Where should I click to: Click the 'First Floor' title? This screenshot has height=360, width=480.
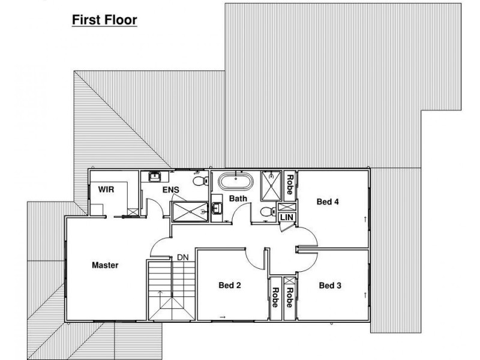pyautogui.click(x=105, y=20)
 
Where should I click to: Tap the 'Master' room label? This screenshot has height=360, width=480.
pyautogui.click(x=105, y=265)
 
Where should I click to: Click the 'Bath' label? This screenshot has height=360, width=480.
pyautogui.click(x=238, y=199)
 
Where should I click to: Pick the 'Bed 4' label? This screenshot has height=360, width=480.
pyautogui.click(x=328, y=202)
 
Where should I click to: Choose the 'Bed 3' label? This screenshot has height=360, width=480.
pyautogui.click(x=330, y=285)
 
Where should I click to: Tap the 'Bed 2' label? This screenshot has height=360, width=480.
pyautogui.click(x=229, y=285)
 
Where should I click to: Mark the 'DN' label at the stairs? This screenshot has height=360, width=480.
pyautogui.click(x=182, y=257)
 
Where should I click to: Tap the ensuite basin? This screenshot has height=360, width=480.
pyautogui.click(x=155, y=176)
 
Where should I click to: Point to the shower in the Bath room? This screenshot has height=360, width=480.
pyautogui.click(x=271, y=185)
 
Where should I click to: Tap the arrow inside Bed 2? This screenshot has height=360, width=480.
pyautogui.click(x=222, y=316)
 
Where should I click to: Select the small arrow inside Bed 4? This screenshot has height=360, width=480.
pyautogui.click(x=365, y=219)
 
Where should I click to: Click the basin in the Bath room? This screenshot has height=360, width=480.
pyautogui.click(x=218, y=209)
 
